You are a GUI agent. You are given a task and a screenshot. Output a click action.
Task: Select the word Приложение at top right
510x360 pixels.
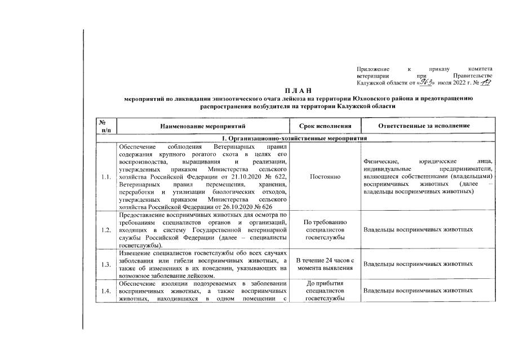[373, 68]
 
